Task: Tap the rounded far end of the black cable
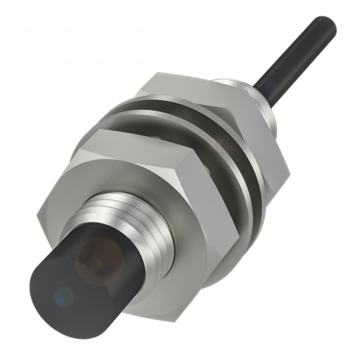click(x=326, y=27)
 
